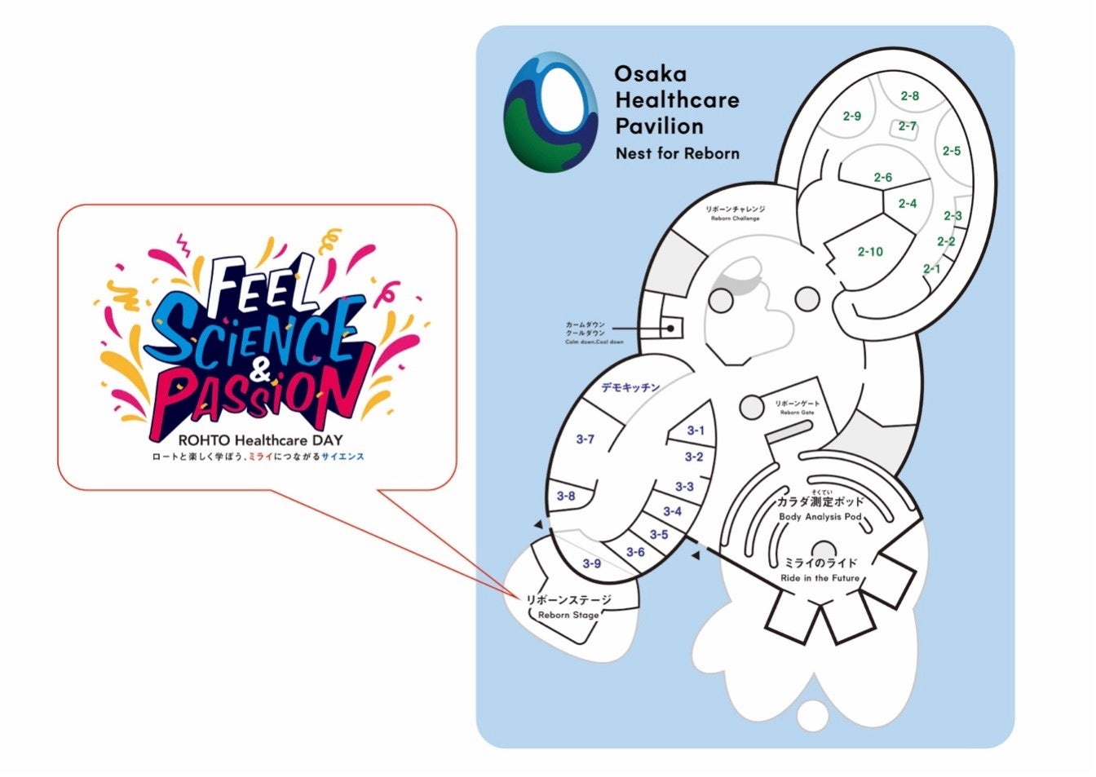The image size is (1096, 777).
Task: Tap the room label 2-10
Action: tap(870, 252)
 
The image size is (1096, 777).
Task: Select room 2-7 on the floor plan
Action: tap(908, 126)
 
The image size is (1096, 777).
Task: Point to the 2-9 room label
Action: tap(852, 116)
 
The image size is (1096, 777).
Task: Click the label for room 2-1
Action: tap(931, 269)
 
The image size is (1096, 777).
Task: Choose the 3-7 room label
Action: tap(585, 439)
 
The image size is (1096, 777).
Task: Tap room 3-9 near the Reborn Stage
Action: tap(591, 563)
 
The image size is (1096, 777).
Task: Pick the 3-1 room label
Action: tap(696, 430)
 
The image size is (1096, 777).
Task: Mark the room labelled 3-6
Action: tap(635, 552)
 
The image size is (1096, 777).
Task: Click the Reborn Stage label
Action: tap(568, 607)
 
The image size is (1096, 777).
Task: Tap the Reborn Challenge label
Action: tap(735, 214)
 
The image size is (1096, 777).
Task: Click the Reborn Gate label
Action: tap(797, 408)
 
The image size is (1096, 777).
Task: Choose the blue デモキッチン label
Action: tap(630, 387)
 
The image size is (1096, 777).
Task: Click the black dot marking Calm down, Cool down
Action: tap(670, 328)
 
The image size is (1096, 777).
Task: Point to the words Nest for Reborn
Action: tap(677, 153)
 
